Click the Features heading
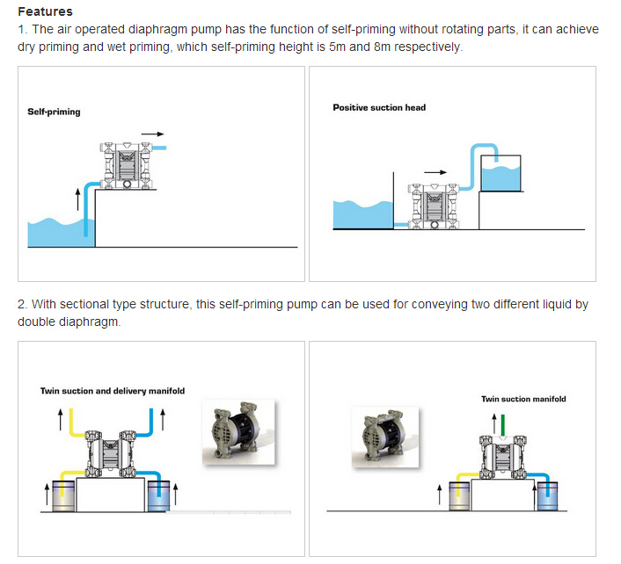point(45,12)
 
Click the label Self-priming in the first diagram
point(53,112)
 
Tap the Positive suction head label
point(378,108)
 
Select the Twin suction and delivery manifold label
point(113,391)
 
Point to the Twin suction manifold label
point(523,399)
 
